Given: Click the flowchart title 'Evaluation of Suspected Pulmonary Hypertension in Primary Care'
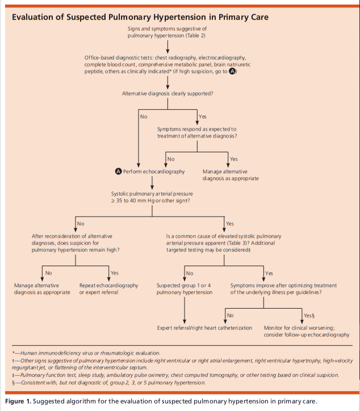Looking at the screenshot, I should pos(140,17).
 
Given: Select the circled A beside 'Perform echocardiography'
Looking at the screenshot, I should pos(118,171).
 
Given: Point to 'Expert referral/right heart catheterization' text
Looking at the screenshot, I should pos(204,328).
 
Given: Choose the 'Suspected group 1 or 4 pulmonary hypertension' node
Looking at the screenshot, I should pos(185,288).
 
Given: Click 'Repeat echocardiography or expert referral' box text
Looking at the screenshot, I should pos(108,288).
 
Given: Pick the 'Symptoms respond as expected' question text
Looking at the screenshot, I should pos(197,132).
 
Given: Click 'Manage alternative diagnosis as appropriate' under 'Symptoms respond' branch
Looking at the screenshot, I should pos(231,175).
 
